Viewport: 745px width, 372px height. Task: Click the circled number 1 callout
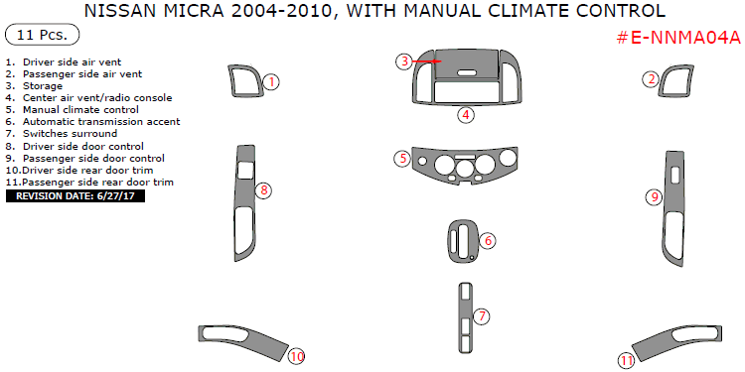click(271, 81)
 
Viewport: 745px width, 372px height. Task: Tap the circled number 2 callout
click(650, 79)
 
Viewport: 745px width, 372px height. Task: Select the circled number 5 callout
click(402, 159)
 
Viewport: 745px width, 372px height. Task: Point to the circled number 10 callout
click(296, 356)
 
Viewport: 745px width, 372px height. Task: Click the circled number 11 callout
click(626, 361)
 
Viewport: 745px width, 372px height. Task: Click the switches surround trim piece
click(465, 316)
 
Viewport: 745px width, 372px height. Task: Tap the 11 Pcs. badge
click(37, 36)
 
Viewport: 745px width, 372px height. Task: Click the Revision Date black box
click(75, 196)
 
